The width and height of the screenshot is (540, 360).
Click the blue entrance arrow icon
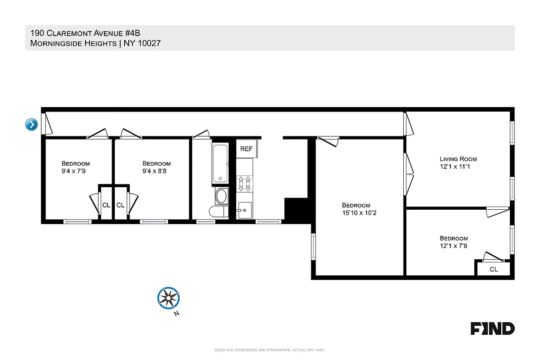click(x=31, y=124)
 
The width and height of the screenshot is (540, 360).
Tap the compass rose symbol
click(x=168, y=298)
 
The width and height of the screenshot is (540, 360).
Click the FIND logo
click(x=492, y=328)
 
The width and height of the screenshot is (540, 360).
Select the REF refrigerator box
click(x=246, y=149)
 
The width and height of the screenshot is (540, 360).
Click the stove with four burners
click(x=245, y=183)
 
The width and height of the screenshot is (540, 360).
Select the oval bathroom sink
click(x=221, y=196)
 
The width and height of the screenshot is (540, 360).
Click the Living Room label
click(x=458, y=159)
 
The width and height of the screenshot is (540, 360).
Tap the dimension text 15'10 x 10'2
click(x=358, y=213)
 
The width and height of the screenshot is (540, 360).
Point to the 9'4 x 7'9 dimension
click(x=76, y=171)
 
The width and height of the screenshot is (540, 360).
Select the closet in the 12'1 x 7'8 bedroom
click(x=493, y=269)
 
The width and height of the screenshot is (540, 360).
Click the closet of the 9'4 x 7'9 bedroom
click(x=106, y=205)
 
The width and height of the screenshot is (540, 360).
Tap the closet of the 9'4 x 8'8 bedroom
click(x=120, y=205)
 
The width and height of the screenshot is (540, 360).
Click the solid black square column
click(x=296, y=210)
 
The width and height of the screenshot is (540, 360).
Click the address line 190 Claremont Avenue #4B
click(x=88, y=33)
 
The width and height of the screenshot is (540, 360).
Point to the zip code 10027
click(x=145, y=43)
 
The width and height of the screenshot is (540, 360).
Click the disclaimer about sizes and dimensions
click(x=270, y=350)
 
